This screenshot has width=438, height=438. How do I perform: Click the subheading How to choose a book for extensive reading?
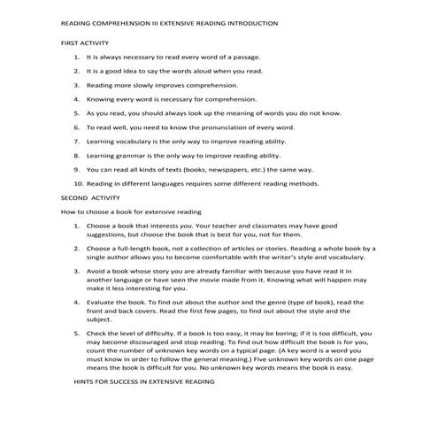tap(131, 212)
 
